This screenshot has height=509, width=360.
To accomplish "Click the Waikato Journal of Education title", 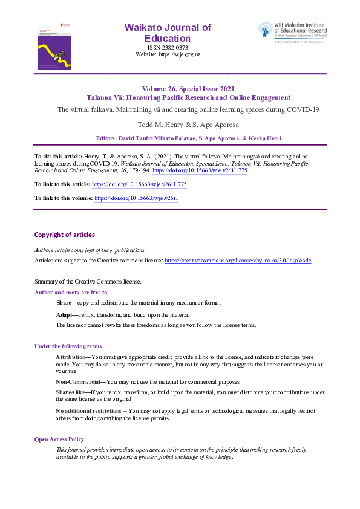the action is pos(168,33).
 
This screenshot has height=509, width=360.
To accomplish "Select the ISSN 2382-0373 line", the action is pos(168,47).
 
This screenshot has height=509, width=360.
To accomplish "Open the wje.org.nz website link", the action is pos(179,54).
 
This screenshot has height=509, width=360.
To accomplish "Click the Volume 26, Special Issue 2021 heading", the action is pos(189,88).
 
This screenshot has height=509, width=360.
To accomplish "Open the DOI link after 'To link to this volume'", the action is pos(136,198).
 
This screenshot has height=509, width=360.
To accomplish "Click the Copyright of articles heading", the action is pos(64,235).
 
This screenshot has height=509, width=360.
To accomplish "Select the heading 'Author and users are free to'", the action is pos(71,293).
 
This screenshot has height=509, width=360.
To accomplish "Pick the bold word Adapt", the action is pos(64,315).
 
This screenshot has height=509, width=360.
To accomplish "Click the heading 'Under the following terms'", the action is pos(68,346).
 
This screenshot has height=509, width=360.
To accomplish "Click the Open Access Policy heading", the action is pos(59,439).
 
